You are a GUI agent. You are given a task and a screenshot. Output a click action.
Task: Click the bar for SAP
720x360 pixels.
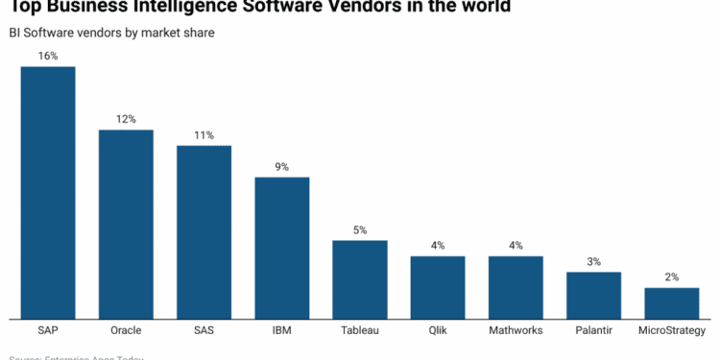pyautogui.click(x=48, y=192)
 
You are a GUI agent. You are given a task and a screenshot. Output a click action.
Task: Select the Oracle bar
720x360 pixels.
pyautogui.click(x=126, y=224)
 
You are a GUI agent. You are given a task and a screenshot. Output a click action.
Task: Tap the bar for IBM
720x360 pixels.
pyautogui.click(x=281, y=248)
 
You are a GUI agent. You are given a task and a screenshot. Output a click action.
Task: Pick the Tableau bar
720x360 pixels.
pyautogui.click(x=360, y=278)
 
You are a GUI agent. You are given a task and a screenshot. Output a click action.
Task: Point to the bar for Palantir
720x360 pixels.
pyautogui.click(x=593, y=295)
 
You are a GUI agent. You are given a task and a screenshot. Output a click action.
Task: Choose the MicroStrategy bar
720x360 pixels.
pyautogui.click(x=671, y=302)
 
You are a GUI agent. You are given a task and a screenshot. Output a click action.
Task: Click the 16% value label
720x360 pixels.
pyautogui.click(x=48, y=56)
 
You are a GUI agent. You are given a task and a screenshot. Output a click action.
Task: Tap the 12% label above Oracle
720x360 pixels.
pyautogui.click(x=126, y=119)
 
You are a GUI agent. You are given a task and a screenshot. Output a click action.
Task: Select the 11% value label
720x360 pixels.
pyautogui.click(x=204, y=135)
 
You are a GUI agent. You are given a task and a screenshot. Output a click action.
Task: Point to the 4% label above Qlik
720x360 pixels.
pyautogui.click(x=438, y=246)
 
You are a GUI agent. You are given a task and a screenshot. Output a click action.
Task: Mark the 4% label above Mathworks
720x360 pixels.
pyautogui.click(x=516, y=246)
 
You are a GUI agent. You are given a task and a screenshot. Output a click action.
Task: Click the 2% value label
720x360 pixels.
pyautogui.click(x=671, y=277)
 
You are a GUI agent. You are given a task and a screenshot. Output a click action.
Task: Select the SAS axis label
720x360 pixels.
pyautogui.click(x=204, y=330)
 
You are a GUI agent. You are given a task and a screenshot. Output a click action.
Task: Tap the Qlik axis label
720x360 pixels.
pyautogui.click(x=438, y=330)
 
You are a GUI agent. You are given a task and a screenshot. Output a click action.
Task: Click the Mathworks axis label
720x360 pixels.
pyautogui.click(x=516, y=330)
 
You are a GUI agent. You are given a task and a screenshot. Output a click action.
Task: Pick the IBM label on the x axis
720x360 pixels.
pyautogui.click(x=281, y=330)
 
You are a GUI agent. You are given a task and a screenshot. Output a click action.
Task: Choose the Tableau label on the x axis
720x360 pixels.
pyautogui.click(x=360, y=330)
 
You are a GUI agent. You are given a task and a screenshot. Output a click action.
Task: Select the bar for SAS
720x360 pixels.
pyautogui.click(x=204, y=231)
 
